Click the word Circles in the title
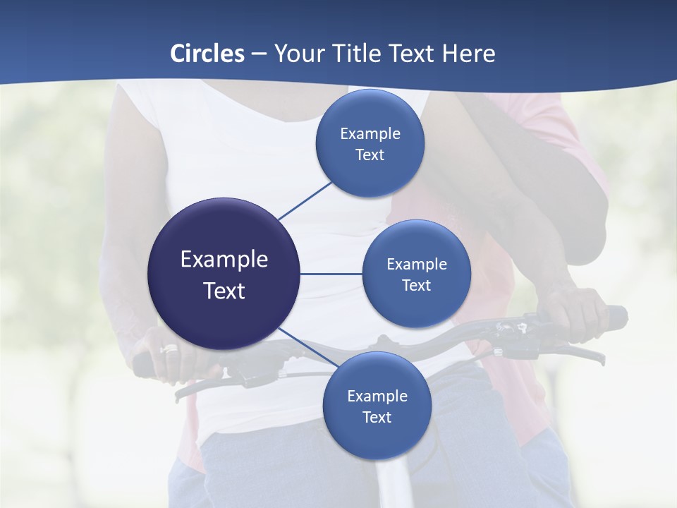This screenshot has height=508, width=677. point(207,54)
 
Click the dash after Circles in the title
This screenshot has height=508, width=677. point(259,54)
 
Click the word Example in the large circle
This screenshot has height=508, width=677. point(224,260)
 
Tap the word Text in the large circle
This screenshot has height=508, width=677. point(224,291)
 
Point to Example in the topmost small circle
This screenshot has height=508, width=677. point(370,133)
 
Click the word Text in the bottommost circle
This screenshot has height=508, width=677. point(377,417)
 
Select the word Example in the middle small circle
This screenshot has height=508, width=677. point(416,264)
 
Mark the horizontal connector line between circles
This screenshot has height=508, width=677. point(331,274)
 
